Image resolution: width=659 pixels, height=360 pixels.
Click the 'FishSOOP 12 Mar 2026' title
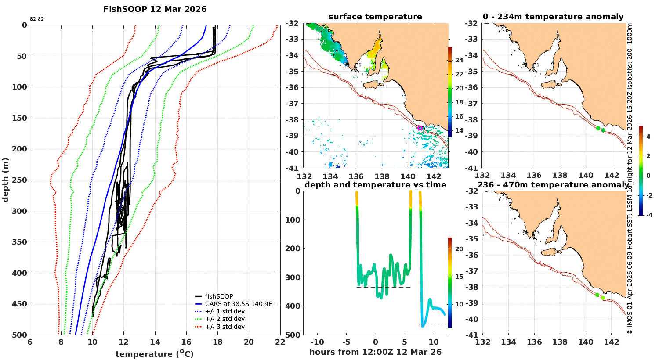coord(155,9)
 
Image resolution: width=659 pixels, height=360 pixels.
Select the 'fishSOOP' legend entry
coord(219,296)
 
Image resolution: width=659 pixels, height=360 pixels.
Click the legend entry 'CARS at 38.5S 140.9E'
coord(239,304)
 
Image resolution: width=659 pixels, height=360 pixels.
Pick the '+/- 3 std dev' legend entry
coord(224,327)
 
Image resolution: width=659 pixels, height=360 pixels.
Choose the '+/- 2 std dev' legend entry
coord(224,319)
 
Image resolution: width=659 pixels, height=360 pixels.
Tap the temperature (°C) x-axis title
coord(155,354)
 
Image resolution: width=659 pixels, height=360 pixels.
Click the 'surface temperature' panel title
coord(375,17)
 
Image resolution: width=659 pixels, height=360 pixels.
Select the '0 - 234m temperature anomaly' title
coord(553,17)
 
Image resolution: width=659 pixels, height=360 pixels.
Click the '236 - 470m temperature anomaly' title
coord(553,185)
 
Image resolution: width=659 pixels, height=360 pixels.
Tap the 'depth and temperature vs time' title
coord(375,185)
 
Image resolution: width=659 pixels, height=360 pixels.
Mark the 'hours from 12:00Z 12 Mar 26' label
coord(375,352)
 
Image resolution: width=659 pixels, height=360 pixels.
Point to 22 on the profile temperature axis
coord(280,342)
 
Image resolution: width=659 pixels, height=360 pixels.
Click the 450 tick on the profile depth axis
coord(20,304)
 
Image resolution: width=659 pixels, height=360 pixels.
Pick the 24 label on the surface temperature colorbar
coord(459,60)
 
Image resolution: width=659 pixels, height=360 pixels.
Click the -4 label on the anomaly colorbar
coord(648,215)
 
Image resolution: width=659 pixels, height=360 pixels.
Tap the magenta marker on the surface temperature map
coord(419,127)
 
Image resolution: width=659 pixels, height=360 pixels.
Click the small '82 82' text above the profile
coord(37,19)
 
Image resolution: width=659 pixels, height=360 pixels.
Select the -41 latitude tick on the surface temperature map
coord(293,168)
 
